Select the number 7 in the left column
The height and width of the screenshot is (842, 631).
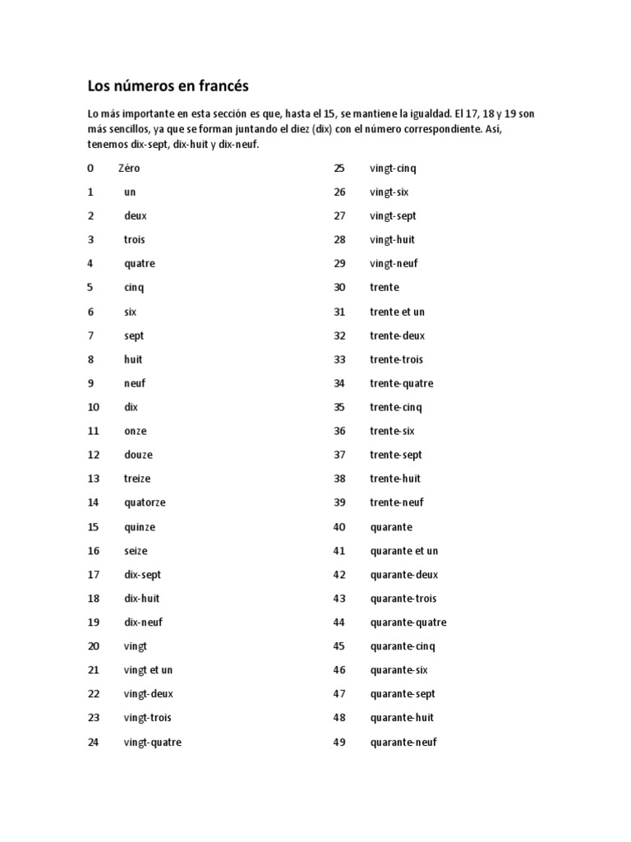tap(90, 335)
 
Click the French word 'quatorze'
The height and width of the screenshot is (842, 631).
tap(145, 502)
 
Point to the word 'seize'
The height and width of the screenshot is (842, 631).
tap(136, 551)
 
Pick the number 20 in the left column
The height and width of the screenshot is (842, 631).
tap(93, 646)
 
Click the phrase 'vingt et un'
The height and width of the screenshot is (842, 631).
tap(148, 670)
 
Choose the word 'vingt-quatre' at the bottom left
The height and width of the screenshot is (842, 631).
tap(152, 743)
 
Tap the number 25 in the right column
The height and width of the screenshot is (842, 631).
tap(339, 169)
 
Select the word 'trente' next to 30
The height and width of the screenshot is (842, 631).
tap(385, 288)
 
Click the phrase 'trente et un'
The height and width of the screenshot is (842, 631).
tap(398, 312)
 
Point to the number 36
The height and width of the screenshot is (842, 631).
tap(339, 431)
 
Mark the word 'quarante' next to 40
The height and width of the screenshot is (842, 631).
tap(391, 527)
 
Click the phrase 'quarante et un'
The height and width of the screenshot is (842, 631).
tap(404, 551)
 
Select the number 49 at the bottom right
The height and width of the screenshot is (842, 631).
tap(339, 743)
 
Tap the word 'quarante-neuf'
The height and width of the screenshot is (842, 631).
tap(403, 743)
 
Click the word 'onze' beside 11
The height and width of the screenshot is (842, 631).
tap(136, 431)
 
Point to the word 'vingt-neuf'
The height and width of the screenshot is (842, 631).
tap(394, 264)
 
